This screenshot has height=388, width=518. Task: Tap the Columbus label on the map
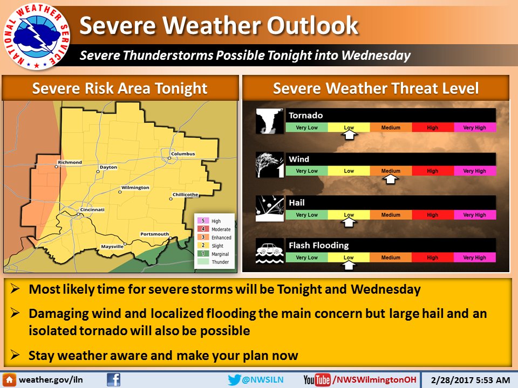[183, 154]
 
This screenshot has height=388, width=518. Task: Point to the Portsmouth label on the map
[154, 234]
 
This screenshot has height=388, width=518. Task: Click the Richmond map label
[70, 162]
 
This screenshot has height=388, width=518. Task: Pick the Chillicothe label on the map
[186, 195]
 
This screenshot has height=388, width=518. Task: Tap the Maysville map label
[113, 247]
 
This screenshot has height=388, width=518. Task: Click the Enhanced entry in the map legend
[221, 238]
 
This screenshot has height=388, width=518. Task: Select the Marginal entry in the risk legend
[220, 254]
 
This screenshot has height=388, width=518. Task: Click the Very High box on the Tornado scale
[474, 128]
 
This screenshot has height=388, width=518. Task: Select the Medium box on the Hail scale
[391, 215]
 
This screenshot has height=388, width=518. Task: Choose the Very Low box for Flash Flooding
[306, 258]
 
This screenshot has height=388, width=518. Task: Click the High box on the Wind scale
[433, 171]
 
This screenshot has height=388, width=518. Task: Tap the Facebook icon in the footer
[113, 380]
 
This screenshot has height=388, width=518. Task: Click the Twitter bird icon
[234, 380]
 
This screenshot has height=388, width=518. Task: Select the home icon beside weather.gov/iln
[10, 380]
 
